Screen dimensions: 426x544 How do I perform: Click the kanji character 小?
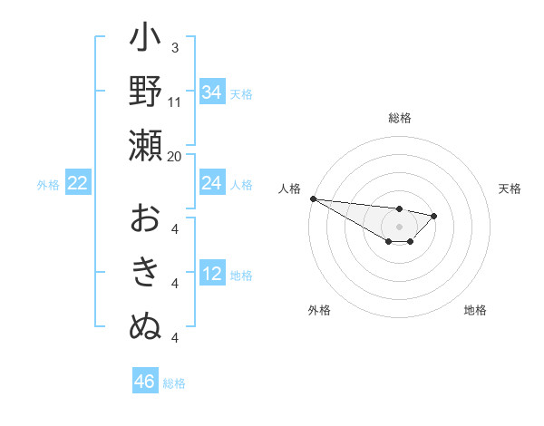coord(145,40)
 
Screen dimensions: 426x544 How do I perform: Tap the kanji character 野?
coord(145,92)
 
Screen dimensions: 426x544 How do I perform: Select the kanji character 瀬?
coord(145,146)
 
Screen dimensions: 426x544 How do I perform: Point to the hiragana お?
coord(145,220)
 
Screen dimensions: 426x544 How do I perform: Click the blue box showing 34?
coord(212,92)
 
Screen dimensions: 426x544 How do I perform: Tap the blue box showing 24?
coord(212,183)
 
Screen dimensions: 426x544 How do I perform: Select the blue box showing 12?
coord(212,275)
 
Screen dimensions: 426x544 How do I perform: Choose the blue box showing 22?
coord(78,183)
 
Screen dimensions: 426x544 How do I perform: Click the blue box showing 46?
coord(145,382)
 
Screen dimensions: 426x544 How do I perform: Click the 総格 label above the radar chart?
coord(400,118)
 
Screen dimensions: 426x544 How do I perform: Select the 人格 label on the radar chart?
coord(290,189)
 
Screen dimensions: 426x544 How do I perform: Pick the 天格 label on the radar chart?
coord(510,189)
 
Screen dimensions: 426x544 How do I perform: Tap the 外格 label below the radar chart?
coord(319,310)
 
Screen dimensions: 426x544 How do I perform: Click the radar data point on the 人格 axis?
coord(312,198)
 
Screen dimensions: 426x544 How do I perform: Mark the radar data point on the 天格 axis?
coord(434,216)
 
